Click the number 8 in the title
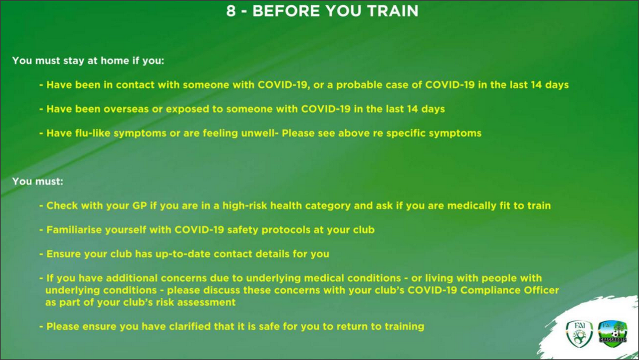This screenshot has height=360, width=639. (231, 11)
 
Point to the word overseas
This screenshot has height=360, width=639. (126, 109)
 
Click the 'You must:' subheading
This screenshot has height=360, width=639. (38, 181)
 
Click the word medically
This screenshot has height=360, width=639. (471, 206)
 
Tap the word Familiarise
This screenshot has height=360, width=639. (74, 230)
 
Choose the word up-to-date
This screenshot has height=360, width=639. (183, 254)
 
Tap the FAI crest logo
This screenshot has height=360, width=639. (579, 334)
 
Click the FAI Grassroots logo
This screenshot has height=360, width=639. (612, 334)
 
